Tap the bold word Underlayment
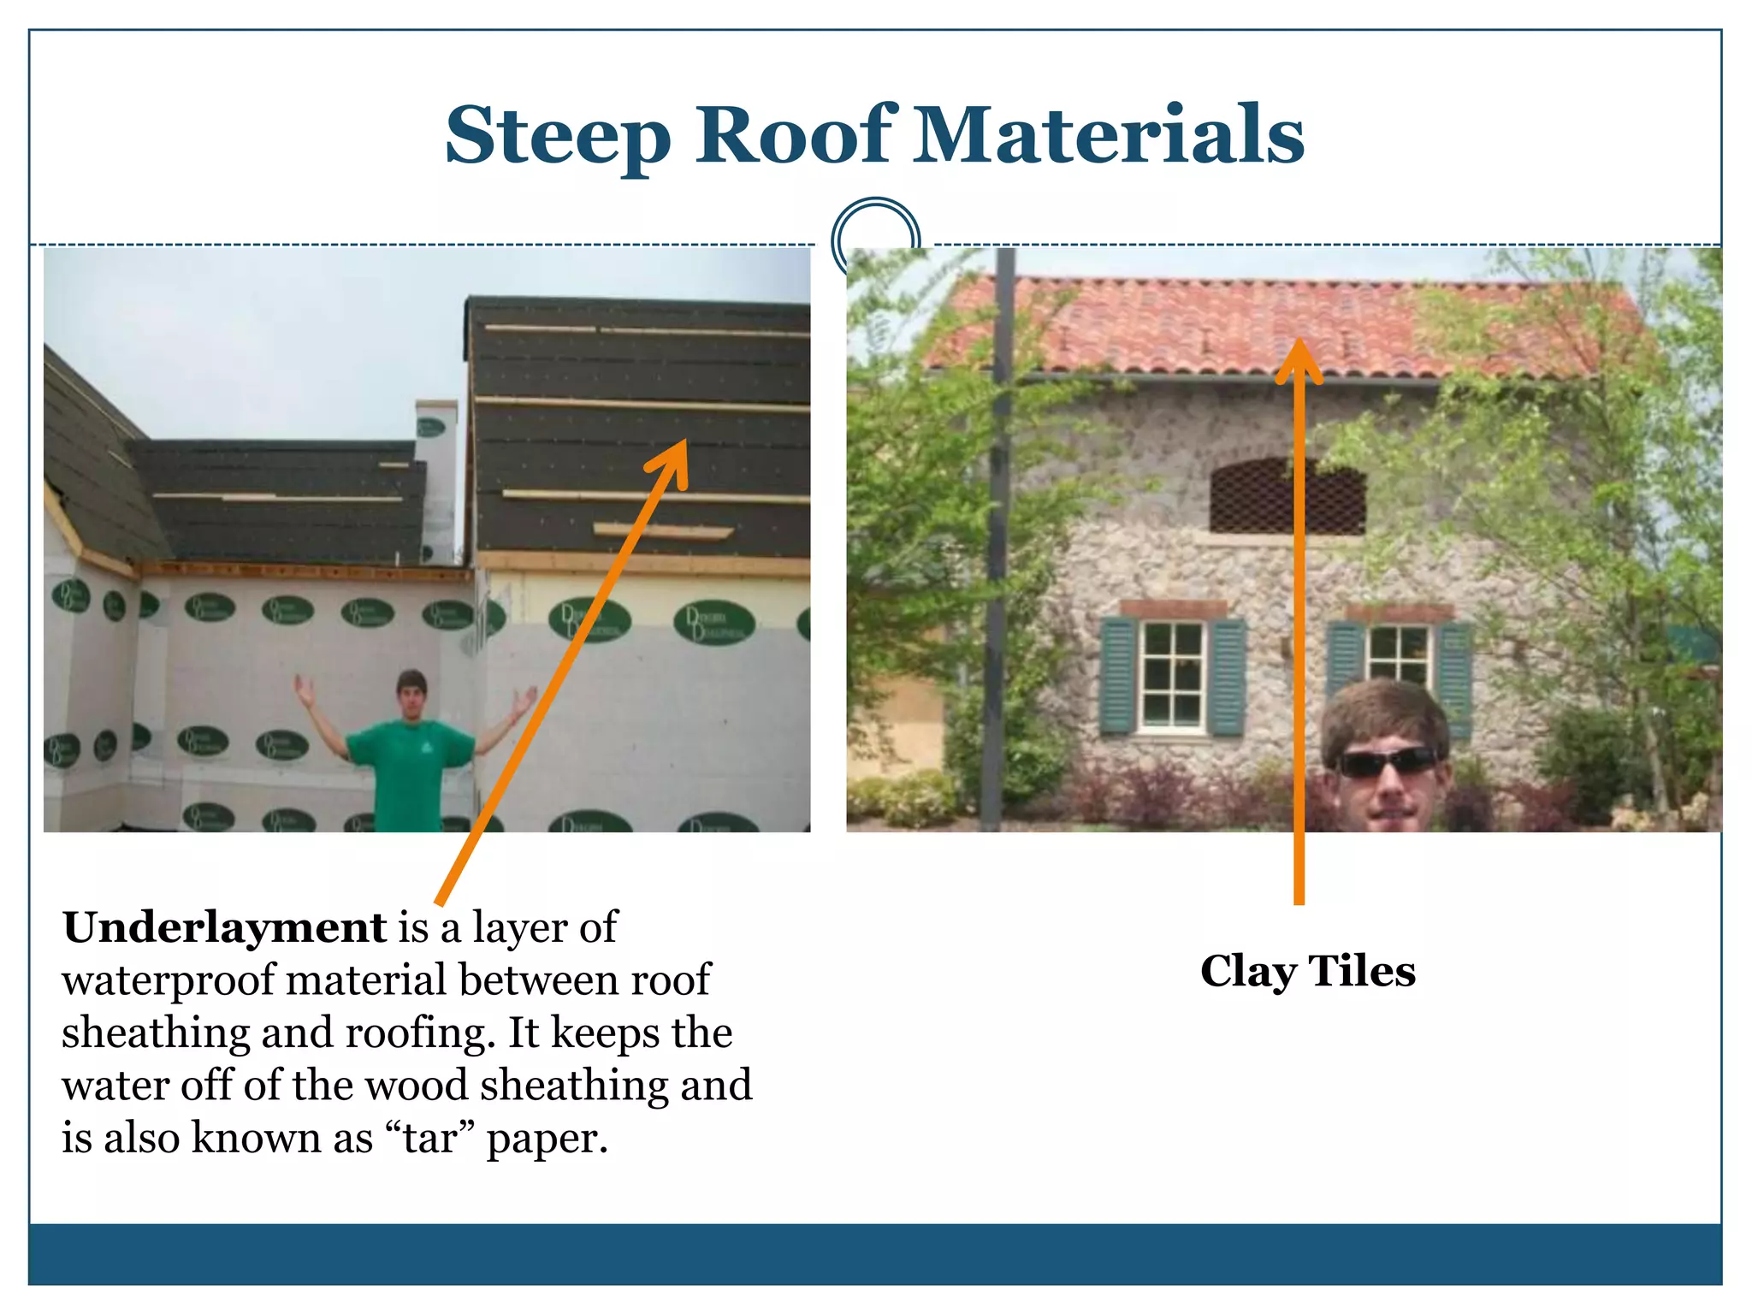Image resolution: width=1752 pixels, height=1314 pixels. [x=224, y=927]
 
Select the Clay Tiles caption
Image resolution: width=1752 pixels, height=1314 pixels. [x=1307, y=971]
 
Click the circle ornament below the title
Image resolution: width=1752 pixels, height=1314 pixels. [x=875, y=237]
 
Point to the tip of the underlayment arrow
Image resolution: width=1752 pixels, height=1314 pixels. [x=684, y=445]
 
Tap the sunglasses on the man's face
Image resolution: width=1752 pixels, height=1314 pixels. [x=1388, y=761]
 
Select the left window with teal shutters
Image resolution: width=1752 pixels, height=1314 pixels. [x=1173, y=676]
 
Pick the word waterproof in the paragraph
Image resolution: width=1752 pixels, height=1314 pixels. [x=169, y=981]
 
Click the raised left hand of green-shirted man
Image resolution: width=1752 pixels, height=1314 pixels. [x=302, y=689]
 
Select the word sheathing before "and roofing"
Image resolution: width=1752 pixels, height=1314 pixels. [x=154, y=1033]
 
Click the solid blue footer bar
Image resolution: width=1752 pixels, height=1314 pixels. [x=875, y=1254]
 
